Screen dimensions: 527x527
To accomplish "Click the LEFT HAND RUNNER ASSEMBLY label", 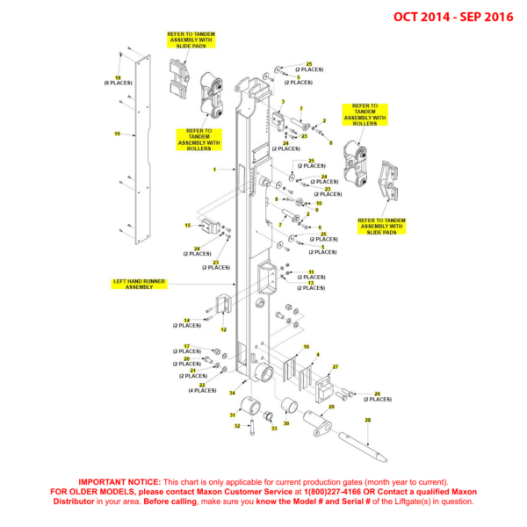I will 139,284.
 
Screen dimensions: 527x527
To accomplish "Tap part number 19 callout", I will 117,134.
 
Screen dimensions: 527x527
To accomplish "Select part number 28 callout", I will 368,421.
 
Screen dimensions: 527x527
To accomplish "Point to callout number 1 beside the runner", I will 213,169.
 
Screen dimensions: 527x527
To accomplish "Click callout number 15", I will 187,226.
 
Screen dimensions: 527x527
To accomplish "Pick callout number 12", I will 223,329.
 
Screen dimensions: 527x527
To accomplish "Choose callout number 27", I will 335,365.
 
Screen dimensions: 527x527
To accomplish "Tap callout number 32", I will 236,426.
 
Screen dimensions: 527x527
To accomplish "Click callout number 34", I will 232,393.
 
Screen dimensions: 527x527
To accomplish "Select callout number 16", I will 306,347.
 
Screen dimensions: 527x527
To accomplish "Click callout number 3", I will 283,102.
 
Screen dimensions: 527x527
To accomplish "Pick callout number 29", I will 331,408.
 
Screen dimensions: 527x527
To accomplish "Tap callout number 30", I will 285,422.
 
